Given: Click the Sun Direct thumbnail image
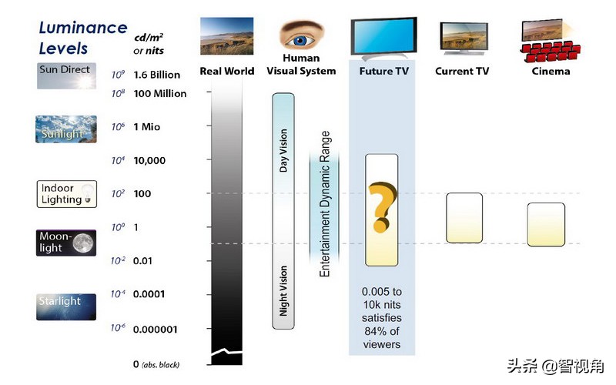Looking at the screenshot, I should click(67, 75).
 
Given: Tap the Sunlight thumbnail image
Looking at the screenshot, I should click(67, 129).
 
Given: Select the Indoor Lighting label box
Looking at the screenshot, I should click(67, 193).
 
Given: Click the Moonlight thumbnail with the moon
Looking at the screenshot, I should click(67, 242).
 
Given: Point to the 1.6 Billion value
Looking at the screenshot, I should click(156, 75).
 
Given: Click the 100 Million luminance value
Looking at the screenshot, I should click(159, 93).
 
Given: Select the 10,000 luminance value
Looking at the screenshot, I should click(149, 160).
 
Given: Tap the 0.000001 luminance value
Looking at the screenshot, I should click(155, 330).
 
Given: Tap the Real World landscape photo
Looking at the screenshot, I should click(226, 37).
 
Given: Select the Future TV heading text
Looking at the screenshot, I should click(383, 72).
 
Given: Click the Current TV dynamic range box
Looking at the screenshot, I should click(464, 218).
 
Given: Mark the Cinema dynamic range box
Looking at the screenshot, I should click(546, 224).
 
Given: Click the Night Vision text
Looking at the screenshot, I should click(283, 291).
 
